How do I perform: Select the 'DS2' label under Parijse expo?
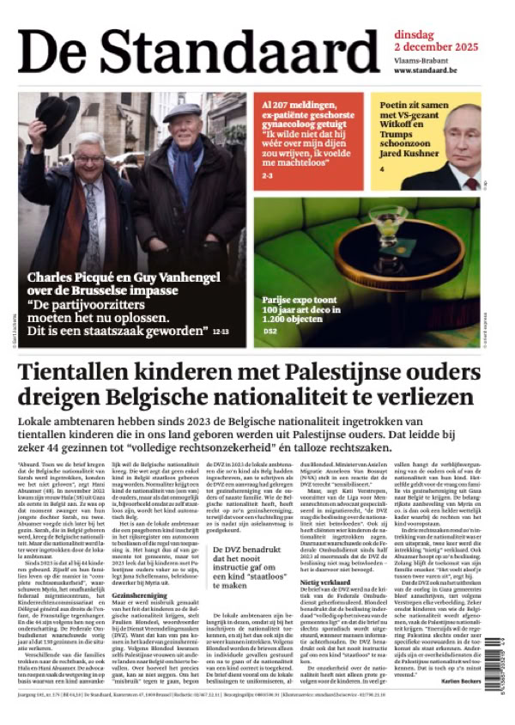click(270, 331)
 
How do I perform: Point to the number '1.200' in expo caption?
click(277, 319)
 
